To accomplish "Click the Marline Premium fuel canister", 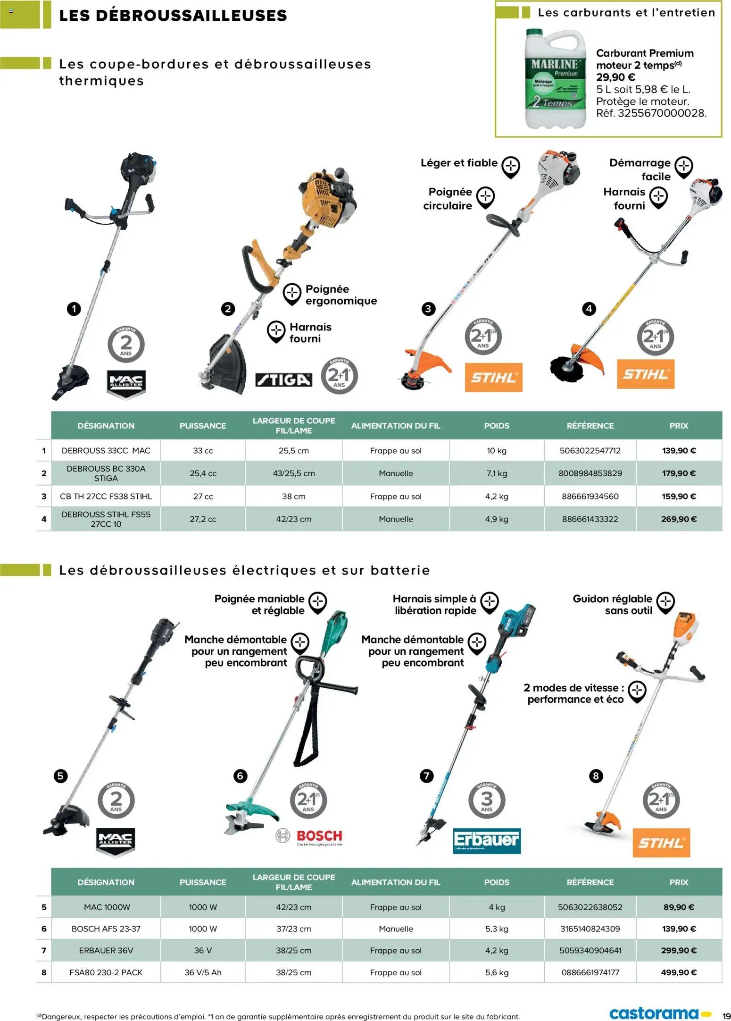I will (555, 79).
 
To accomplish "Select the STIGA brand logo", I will (283, 380).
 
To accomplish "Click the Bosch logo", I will (309, 837).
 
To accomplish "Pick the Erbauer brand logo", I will (486, 840).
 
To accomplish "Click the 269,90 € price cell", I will (678, 519).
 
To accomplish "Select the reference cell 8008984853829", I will (590, 473).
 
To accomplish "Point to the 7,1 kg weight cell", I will (496, 473).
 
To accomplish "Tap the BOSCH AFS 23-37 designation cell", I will (106, 928).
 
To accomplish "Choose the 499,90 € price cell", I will (678, 972).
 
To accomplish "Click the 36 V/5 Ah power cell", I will (203, 972).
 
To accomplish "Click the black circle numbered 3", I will (428, 309).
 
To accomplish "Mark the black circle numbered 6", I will (240, 776).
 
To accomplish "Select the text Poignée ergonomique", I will (341, 295).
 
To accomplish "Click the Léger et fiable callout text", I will (458, 163).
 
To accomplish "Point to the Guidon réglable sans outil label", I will (612, 604).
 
